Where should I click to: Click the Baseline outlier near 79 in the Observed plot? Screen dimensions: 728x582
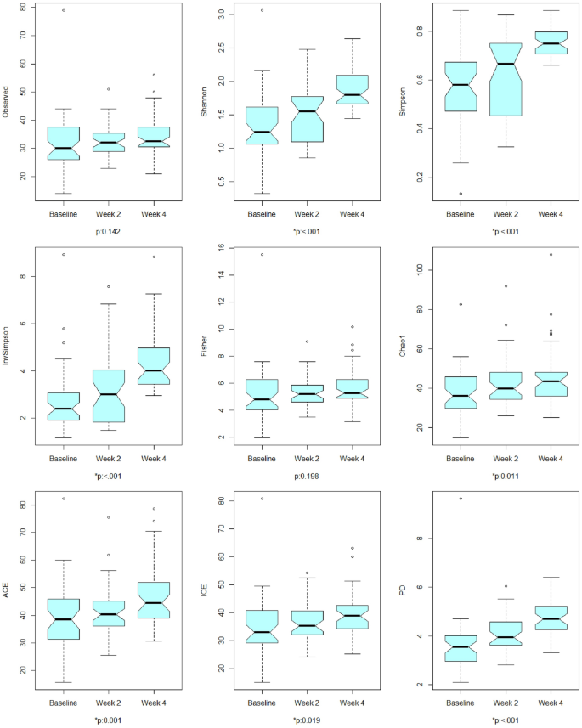pos(64,10)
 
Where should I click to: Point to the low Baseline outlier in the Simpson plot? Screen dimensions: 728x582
pos(460,194)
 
